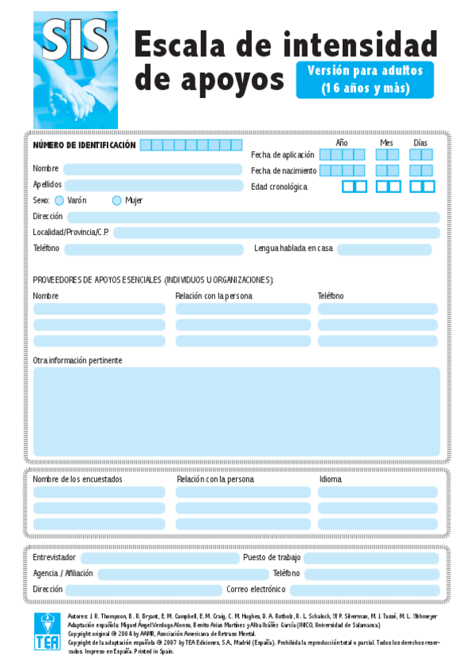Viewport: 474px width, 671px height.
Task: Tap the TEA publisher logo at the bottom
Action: tap(47, 631)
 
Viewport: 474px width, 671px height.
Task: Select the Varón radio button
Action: tap(59, 201)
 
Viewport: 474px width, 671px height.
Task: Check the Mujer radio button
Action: tap(117, 201)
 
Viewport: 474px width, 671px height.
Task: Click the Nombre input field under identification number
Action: tap(152, 169)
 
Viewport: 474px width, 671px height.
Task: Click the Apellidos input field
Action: tap(152, 185)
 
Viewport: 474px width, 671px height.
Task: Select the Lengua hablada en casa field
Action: tap(385, 249)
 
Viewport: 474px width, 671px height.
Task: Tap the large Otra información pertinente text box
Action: tap(236, 411)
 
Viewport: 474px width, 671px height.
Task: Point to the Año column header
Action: tap(342, 142)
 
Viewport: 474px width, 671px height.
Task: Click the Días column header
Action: tap(420, 142)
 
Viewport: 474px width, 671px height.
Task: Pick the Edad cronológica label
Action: tap(279, 187)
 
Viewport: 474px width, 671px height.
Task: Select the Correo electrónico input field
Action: tap(364, 590)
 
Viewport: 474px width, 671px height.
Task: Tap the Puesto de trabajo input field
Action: tap(371, 558)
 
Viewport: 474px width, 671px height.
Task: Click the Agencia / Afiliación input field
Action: tap(183, 574)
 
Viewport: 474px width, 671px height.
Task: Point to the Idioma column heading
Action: tap(331, 480)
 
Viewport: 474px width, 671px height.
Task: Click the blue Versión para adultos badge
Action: tap(365, 79)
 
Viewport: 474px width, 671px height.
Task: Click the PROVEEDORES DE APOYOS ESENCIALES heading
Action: tap(153, 280)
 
